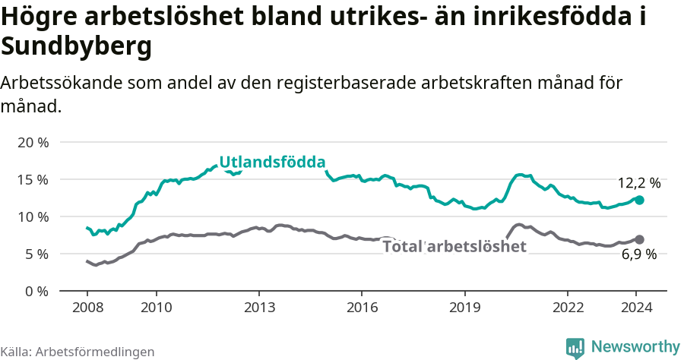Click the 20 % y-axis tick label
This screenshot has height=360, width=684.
click(x=32, y=143)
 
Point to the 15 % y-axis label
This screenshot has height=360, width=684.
click(x=32, y=180)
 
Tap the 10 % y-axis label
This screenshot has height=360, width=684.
click(x=32, y=217)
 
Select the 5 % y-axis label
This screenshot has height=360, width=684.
click(x=36, y=254)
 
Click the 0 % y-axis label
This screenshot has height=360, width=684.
click(x=36, y=291)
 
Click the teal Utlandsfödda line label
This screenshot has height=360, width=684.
click(x=272, y=163)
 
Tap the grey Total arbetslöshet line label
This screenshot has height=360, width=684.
click(x=454, y=246)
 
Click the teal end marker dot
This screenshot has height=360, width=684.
click(x=639, y=200)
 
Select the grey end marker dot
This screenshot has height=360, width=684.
click(x=639, y=239)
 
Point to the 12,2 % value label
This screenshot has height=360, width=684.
click(x=638, y=183)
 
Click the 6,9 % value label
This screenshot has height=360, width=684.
click(x=638, y=255)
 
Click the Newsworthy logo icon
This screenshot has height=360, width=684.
click(x=575, y=347)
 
